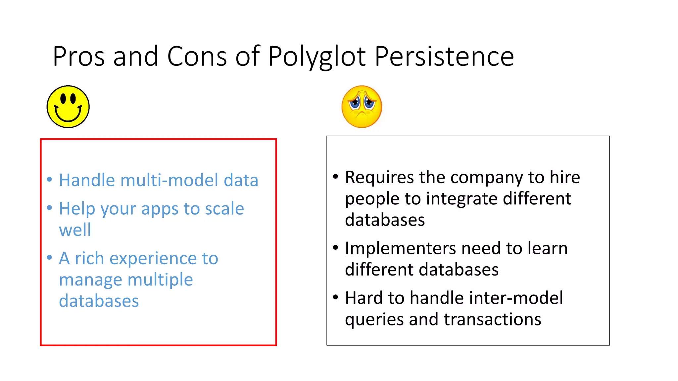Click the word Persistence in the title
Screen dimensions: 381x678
click(x=444, y=56)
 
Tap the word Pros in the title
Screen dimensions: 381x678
click(x=79, y=56)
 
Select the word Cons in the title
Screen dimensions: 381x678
click(x=197, y=56)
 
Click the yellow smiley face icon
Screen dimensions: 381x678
click(x=68, y=106)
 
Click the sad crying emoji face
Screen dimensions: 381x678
click(x=362, y=106)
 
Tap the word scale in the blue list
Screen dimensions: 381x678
click(x=224, y=209)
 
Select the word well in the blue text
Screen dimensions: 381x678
click(x=75, y=230)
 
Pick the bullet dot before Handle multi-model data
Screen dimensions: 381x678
click(x=50, y=180)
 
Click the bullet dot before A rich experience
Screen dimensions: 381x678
click(x=50, y=257)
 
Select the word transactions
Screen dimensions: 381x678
click(x=492, y=319)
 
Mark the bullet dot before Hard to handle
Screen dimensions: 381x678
click(x=336, y=297)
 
